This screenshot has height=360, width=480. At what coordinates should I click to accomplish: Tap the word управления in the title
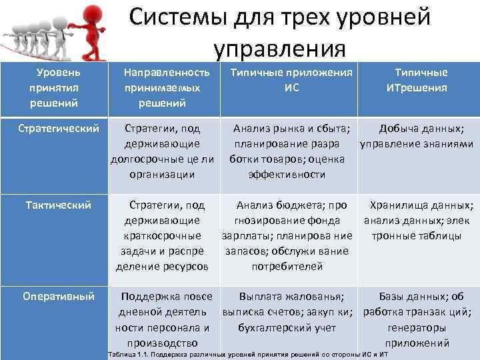pos(280,49)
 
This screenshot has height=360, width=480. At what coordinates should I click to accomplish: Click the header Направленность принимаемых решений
pos(163,87)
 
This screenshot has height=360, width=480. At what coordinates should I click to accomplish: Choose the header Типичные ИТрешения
pos(417,80)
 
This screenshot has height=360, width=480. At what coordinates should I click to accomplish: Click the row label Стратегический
pos(59,126)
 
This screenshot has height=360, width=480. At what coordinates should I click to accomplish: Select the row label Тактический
pos(59,205)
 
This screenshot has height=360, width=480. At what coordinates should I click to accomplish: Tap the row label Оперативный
pos(59,295)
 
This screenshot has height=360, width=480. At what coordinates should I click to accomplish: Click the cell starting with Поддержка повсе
pos(163,319)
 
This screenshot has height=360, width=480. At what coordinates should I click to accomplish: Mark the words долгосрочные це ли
pos(163,159)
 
